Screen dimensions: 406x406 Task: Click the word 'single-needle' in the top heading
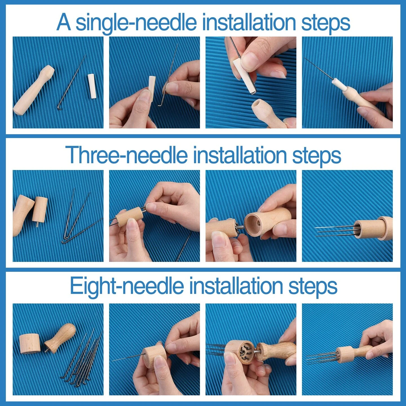point(136,23)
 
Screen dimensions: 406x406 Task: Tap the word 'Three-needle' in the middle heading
point(126,155)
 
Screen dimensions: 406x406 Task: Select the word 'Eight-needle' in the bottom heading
point(127,286)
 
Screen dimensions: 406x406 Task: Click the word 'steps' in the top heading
point(326,23)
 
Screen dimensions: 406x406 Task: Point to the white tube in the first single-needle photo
point(92,86)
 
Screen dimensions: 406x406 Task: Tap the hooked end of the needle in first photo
point(59,107)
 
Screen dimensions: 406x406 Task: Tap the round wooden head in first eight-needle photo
point(29,343)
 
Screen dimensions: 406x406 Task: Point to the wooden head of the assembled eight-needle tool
point(345,354)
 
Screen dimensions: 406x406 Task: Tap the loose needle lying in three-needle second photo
point(183,248)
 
